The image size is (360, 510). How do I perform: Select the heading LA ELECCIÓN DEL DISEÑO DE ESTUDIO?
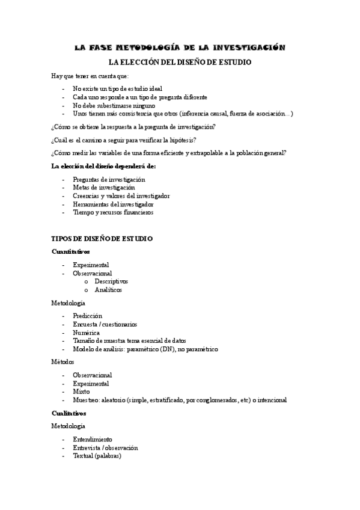pyautogui.click(x=179, y=63)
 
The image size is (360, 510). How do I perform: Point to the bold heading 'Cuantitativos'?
pyautogui.click(x=71, y=251)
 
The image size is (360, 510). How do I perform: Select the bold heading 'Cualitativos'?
pyautogui.click(x=69, y=413)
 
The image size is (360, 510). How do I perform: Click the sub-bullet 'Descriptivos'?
pyautogui.click(x=111, y=281)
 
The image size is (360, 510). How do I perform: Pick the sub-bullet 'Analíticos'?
pyautogui.click(x=108, y=289)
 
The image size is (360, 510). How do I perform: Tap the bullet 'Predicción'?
pyautogui.click(x=88, y=315)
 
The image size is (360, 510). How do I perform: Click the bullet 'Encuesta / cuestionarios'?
pyautogui.click(x=105, y=324)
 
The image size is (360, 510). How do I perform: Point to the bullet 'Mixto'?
pyautogui.click(x=82, y=391)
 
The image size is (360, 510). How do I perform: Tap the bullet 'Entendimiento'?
pyautogui.click(x=93, y=439)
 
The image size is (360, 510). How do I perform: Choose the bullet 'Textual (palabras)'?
pyautogui.click(x=97, y=456)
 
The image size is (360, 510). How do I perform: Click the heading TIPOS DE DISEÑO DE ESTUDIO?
pyautogui.click(x=102, y=238)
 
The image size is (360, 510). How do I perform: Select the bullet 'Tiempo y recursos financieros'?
pyautogui.click(x=113, y=212)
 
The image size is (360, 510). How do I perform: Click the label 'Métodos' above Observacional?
pyautogui.click(x=63, y=362)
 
